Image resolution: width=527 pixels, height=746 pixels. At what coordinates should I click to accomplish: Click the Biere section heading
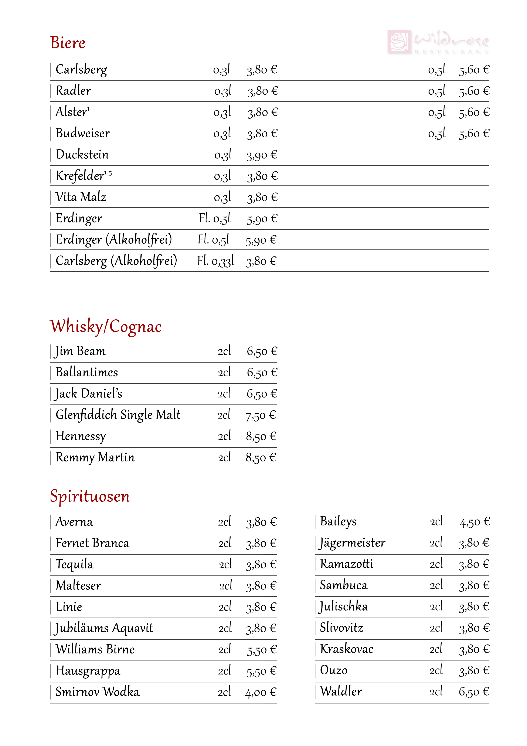pos(68,43)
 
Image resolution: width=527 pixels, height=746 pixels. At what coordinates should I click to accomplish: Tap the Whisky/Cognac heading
pos(106,326)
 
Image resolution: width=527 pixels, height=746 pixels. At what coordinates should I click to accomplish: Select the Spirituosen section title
pos(90,496)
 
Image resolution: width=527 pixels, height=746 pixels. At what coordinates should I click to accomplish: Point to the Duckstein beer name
pos(82,155)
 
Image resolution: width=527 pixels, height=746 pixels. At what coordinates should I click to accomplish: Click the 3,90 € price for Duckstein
pos(262,155)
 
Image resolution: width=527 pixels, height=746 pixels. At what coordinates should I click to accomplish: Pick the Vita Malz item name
pos(81,197)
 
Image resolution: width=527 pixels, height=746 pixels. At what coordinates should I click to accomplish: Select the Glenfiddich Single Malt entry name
pos(118,415)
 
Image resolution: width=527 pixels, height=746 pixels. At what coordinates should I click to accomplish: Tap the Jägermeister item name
pos(352,543)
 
